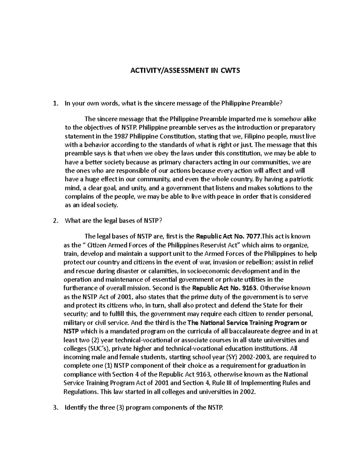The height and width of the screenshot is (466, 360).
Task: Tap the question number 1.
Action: [x=55, y=104]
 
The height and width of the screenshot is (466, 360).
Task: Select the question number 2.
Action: [x=55, y=221]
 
